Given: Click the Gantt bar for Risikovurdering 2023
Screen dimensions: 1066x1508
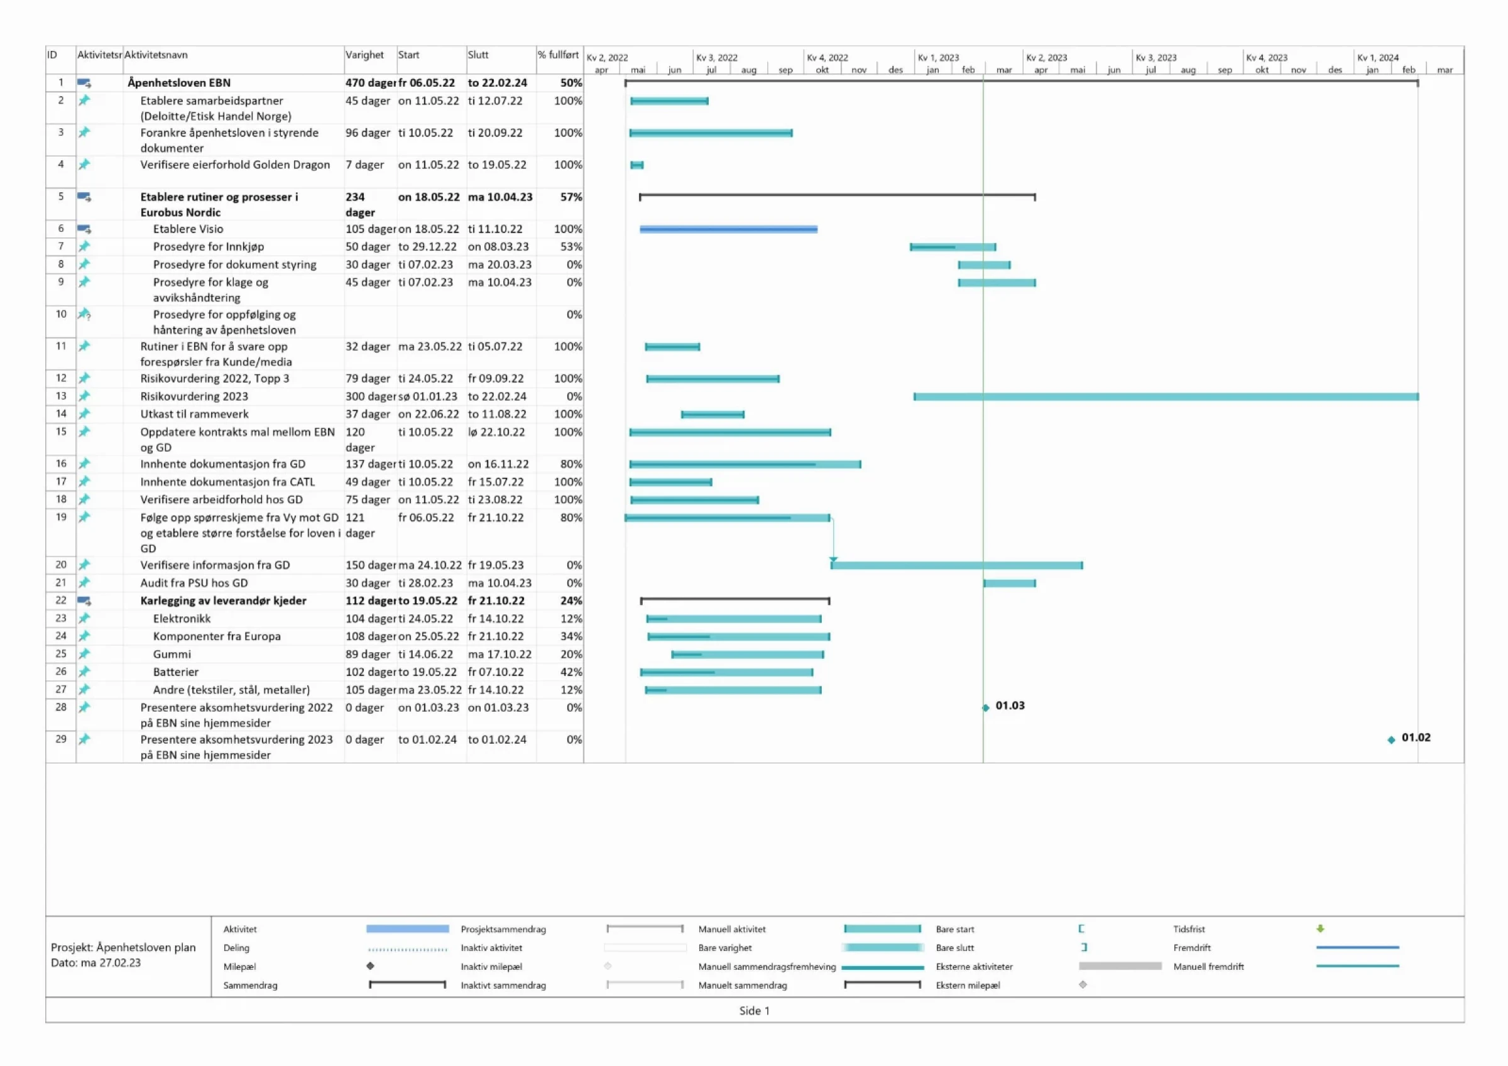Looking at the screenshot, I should [1166, 397].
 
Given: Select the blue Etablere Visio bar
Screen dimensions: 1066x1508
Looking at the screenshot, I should [728, 229].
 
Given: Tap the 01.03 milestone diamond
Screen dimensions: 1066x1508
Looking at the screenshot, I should [986, 708].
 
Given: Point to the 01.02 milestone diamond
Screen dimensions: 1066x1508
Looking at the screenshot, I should [1391, 740].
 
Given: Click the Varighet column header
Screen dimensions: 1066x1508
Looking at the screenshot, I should [364, 55].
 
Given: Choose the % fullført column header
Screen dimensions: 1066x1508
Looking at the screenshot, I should [559, 55].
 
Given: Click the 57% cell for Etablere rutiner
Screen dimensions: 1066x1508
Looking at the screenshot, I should [571, 197].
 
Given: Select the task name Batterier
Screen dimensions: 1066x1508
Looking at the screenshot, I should [175, 672].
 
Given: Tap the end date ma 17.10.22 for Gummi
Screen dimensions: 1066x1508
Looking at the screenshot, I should [499, 654].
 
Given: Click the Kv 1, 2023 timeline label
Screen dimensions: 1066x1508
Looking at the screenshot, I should [938, 58].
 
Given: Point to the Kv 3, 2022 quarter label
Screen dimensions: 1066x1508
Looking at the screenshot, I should [716, 58].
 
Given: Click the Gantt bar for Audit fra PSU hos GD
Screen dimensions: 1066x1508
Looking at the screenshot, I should [1010, 583].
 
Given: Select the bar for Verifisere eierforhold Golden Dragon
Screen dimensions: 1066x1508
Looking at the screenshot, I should [637, 165].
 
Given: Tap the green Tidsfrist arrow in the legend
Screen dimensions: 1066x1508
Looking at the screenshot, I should [1320, 928].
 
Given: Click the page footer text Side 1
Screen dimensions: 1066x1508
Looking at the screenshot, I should [754, 1011].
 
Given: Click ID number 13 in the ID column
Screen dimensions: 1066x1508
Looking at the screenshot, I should [61, 396].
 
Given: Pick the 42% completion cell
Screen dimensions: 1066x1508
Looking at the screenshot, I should [571, 672].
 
